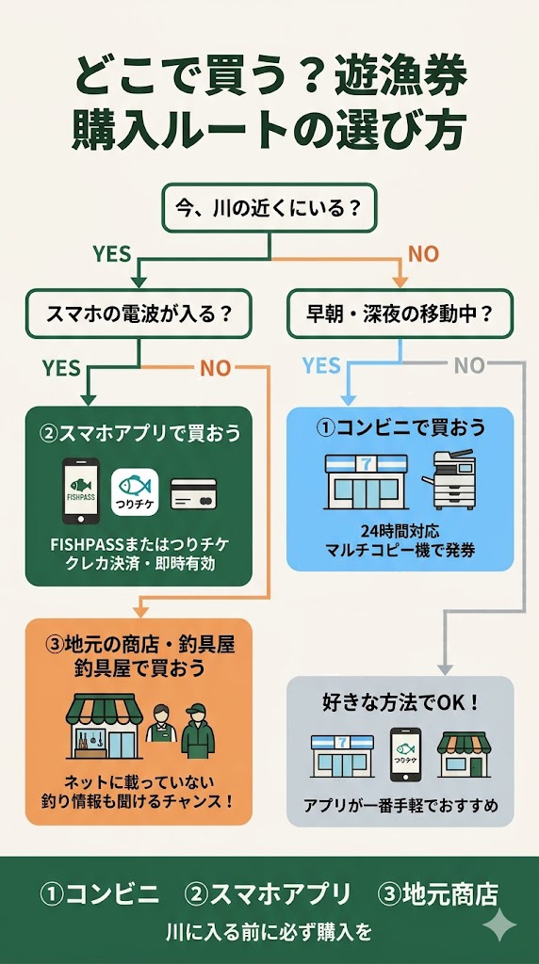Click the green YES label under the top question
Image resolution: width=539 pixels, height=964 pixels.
point(111,254)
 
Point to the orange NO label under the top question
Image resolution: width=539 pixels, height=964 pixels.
point(422,254)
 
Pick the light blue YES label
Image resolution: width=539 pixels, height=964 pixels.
point(321,365)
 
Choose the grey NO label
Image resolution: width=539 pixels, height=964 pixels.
point(468,365)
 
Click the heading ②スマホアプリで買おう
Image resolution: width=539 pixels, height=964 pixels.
point(139,434)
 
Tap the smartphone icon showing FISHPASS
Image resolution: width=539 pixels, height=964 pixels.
point(81,490)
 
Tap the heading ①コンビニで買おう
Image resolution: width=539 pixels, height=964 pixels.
point(400,427)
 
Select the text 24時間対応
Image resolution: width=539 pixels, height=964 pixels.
point(400,530)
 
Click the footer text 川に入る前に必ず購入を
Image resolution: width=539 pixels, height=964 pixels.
point(269,933)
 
